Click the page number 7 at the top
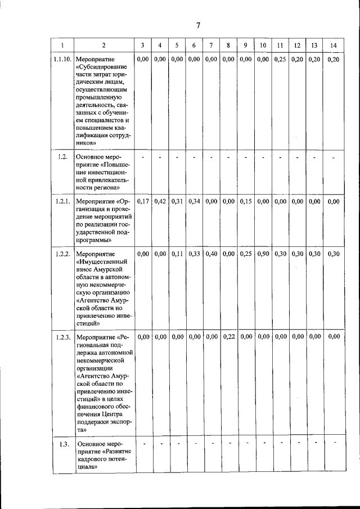197,25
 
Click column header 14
334,45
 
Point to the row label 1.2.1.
62,201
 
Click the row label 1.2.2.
62,254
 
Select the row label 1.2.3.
62,337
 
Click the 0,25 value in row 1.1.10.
280,59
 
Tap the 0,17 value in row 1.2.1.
143,201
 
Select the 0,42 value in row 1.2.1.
160,201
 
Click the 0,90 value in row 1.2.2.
263,254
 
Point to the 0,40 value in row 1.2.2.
211,254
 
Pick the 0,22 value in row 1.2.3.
228,337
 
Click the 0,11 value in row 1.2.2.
177,254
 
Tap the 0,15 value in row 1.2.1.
246,201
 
